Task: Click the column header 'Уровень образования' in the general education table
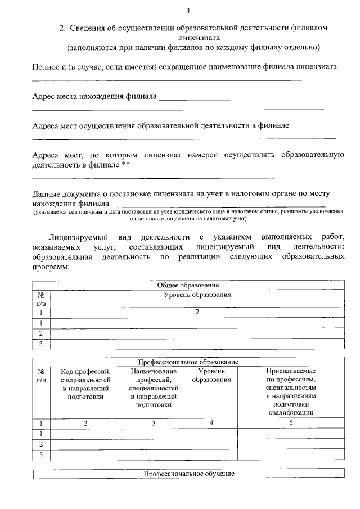(x=197, y=295)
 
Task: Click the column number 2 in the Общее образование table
(x=197, y=312)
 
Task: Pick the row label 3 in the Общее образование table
(x=41, y=344)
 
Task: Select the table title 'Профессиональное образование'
(x=188, y=361)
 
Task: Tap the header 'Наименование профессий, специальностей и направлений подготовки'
(x=154, y=388)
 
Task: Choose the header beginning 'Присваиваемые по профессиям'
(x=291, y=391)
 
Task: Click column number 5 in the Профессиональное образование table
(x=291, y=423)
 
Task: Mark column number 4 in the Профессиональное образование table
(x=211, y=423)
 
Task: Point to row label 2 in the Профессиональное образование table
(x=41, y=444)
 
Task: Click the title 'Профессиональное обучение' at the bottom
(x=188, y=474)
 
